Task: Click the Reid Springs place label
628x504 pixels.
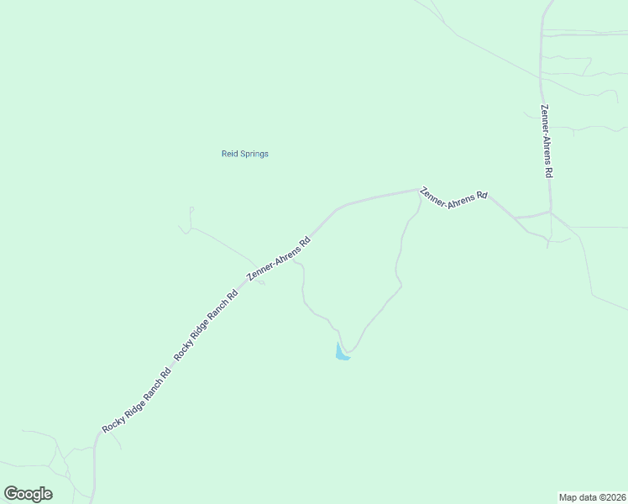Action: coord(244,154)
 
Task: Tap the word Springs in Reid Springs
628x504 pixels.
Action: coord(254,155)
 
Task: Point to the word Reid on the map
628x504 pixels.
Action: coord(229,154)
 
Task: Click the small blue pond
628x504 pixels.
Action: coord(341,354)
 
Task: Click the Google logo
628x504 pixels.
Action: coord(28,494)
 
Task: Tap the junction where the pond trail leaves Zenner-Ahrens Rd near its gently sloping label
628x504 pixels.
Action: coord(419,192)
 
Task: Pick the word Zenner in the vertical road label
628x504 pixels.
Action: coord(546,118)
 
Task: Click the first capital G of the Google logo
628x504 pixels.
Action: coord(11,493)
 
